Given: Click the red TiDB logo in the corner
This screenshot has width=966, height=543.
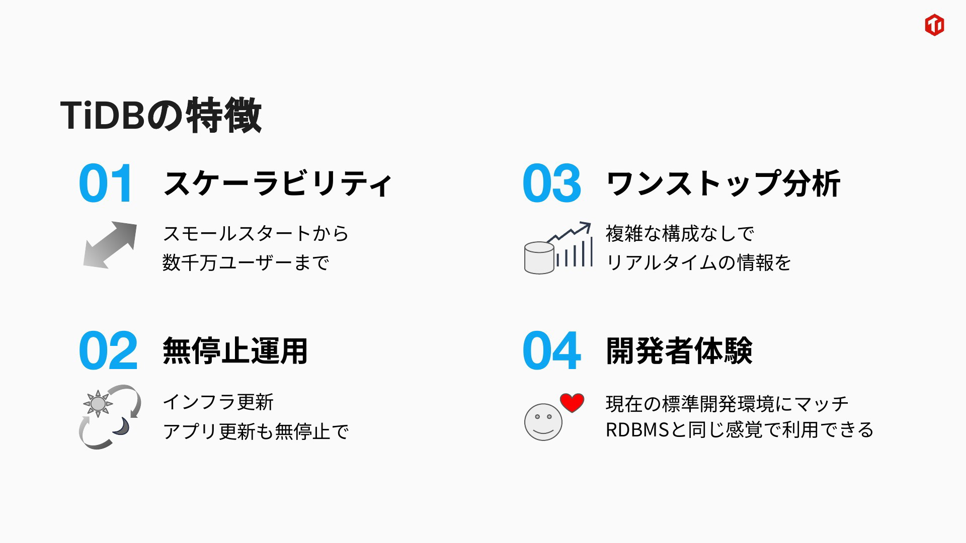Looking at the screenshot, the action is [x=934, y=25].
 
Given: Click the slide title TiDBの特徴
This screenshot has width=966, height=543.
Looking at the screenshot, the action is [x=161, y=115].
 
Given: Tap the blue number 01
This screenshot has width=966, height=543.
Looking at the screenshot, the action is [x=106, y=183].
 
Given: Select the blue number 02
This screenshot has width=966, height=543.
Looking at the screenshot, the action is [x=108, y=350].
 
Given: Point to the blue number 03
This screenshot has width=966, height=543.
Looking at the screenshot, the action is [x=552, y=183].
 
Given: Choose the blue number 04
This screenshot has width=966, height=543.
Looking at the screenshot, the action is [x=552, y=350].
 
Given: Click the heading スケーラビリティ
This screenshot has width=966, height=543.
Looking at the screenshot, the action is [x=277, y=183].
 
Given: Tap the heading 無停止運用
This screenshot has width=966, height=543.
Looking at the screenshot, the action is [x=235, y=350].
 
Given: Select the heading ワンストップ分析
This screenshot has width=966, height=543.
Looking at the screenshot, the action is [x=723, y=183].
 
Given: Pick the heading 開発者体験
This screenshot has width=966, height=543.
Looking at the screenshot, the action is [x=679, y=350].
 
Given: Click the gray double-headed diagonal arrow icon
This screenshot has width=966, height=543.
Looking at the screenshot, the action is [x=110, y=245].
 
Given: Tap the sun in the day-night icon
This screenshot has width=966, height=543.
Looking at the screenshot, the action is [x=98, y=403].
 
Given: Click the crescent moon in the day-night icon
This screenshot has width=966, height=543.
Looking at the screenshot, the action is [x=122, y=426].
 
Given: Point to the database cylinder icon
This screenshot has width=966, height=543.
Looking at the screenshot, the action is [x=539, y=258].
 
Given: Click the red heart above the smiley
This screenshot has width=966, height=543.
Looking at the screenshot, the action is [x=573, y=402].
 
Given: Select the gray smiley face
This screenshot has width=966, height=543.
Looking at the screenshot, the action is [x=543, y=422].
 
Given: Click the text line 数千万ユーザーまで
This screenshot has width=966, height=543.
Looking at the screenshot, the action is [x=246, y=262].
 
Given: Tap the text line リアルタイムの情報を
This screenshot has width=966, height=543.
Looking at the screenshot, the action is [x=698, y=262].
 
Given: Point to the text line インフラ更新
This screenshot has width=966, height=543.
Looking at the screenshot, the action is [x=218, y=402].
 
